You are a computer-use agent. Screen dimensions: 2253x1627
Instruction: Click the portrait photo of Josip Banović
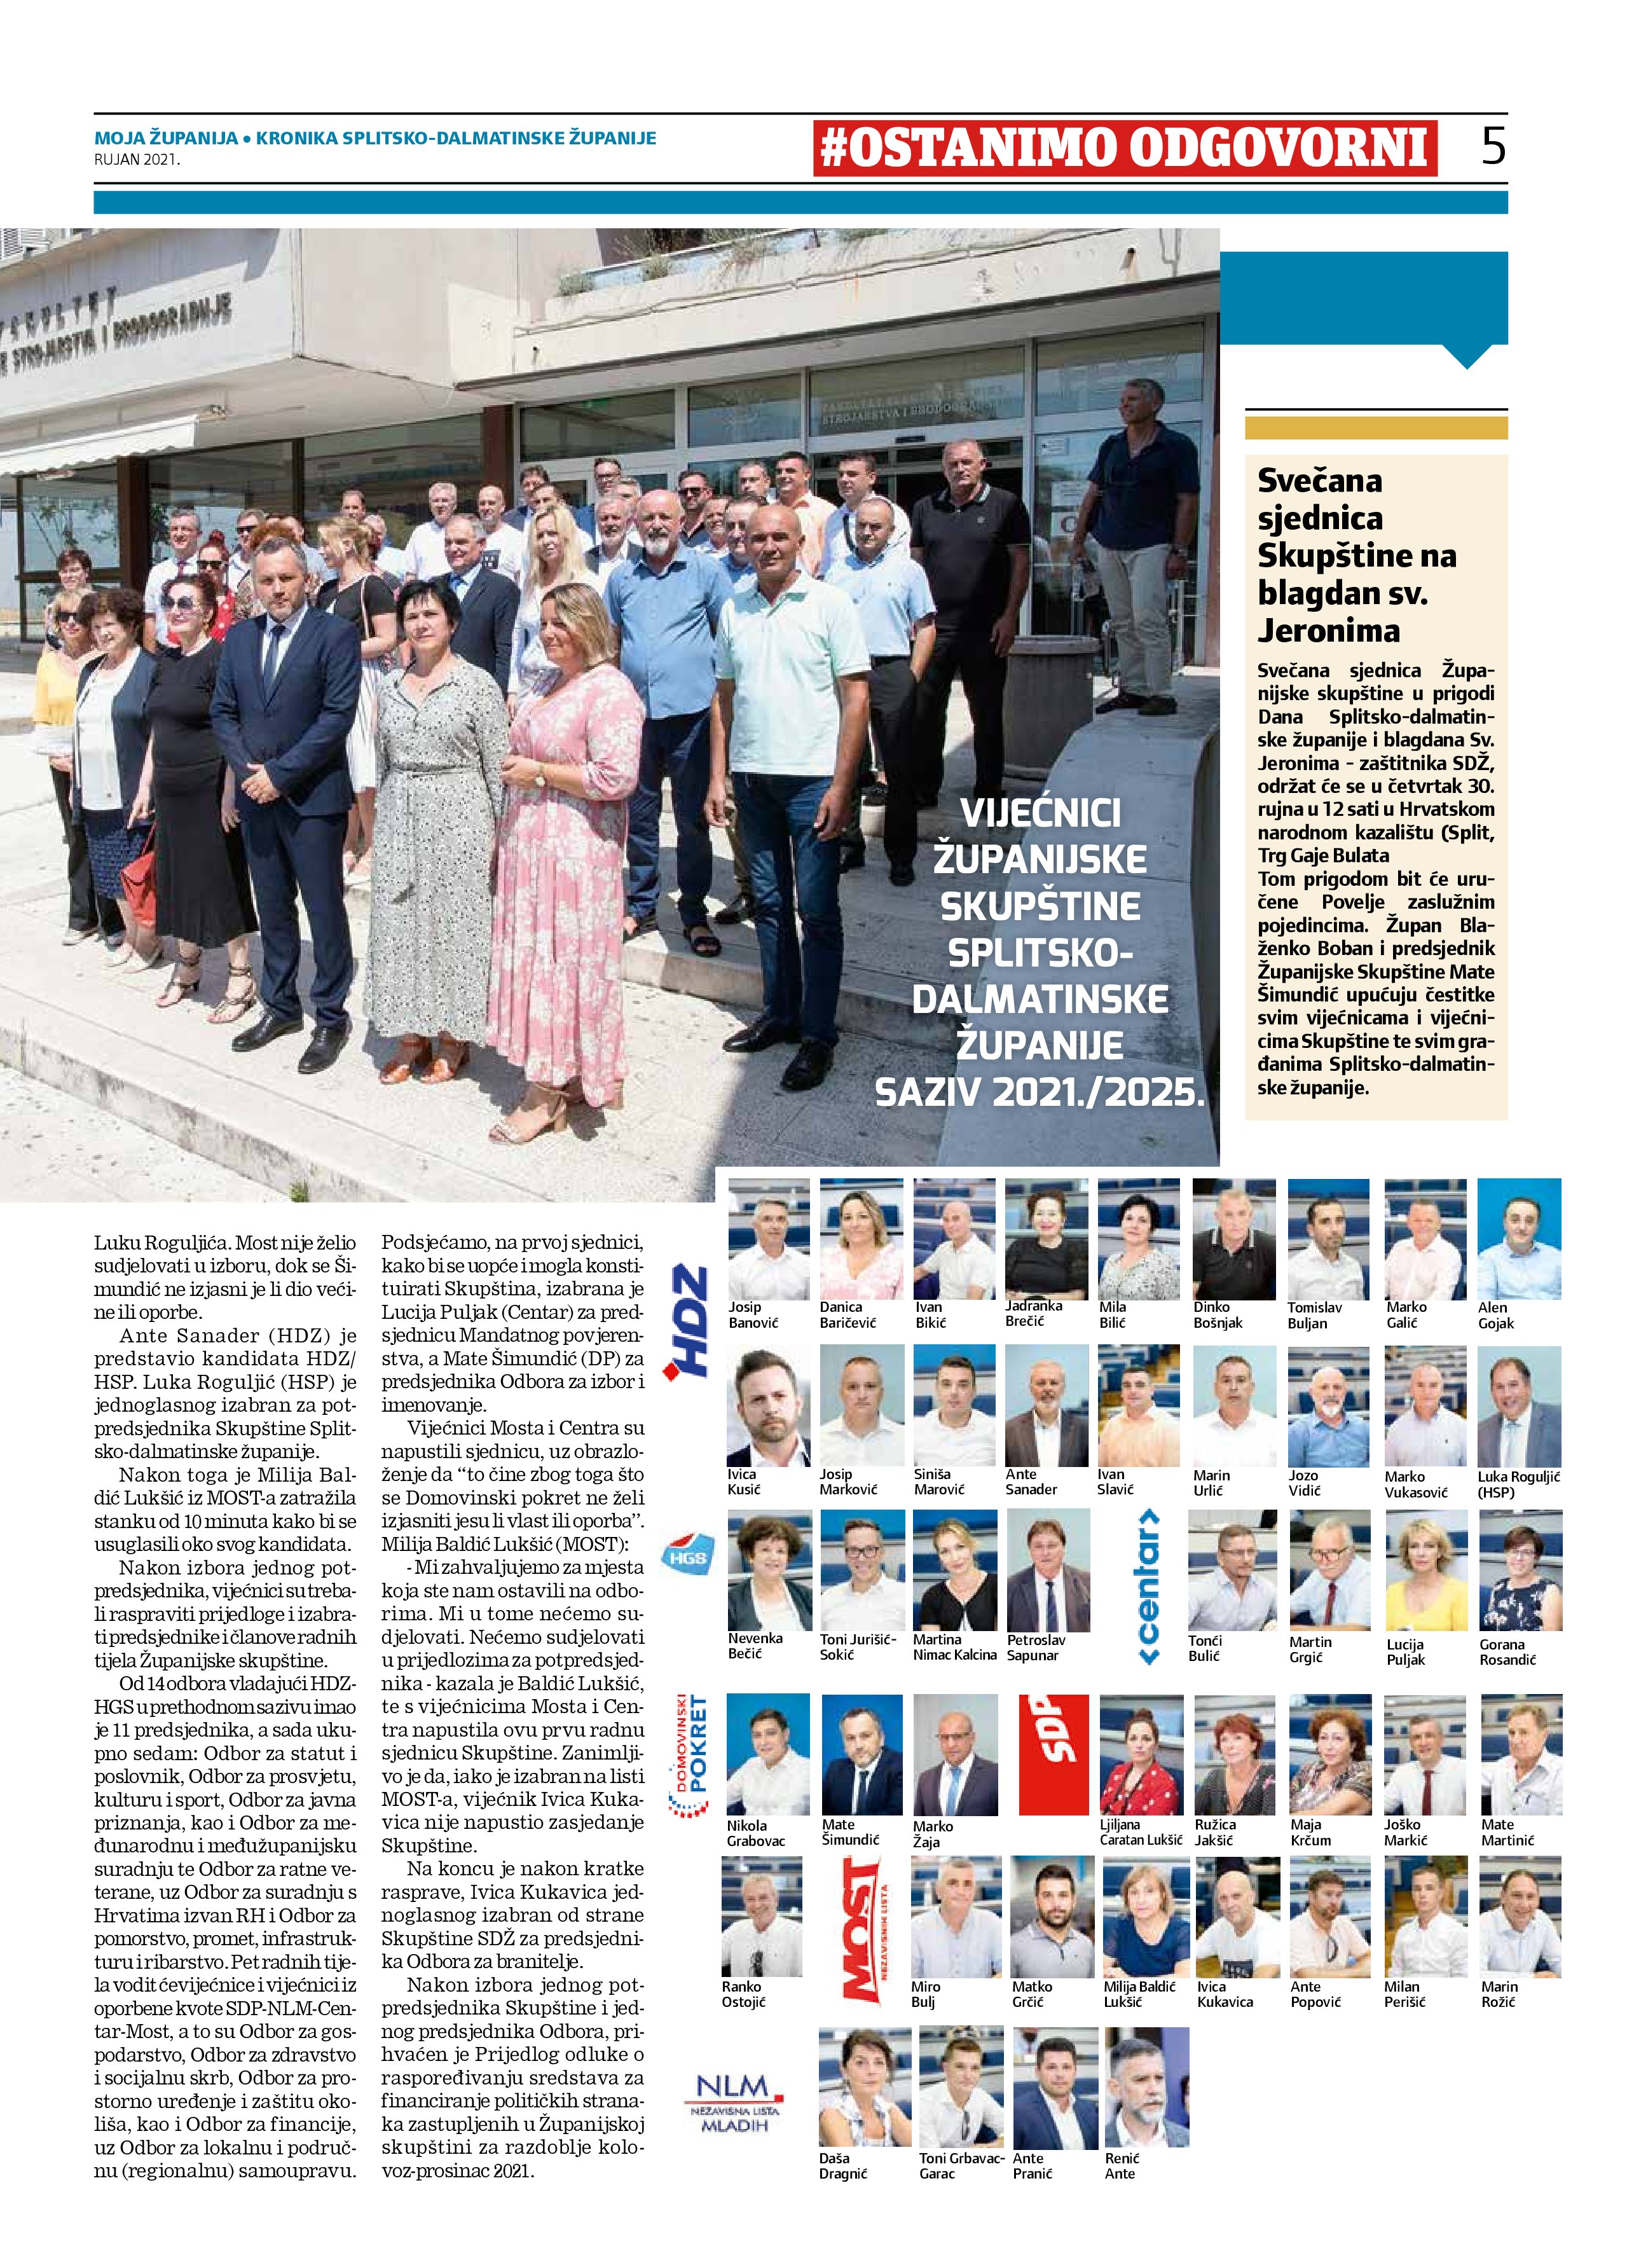[x=768, y=1237]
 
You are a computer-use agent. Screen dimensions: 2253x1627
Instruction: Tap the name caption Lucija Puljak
[x=1406, y=1652]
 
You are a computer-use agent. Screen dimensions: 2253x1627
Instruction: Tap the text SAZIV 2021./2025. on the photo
[x=1039, y=1092]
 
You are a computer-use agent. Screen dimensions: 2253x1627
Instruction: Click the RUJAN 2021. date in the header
[x=137, y=157]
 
